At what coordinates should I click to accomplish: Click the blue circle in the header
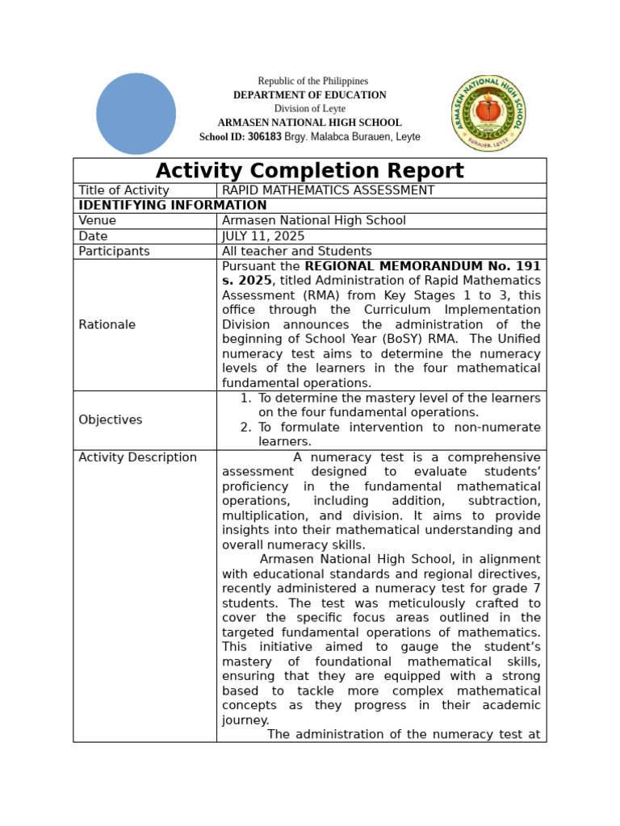click(136, 114)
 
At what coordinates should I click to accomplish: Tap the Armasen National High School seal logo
click(488, 113)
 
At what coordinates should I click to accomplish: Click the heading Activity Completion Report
click(309, 171)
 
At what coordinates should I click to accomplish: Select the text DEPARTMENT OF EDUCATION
click(309, 95)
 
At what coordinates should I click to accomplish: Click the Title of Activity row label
click(124, 190)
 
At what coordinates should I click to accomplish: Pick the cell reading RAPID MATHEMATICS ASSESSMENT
click(328, 190)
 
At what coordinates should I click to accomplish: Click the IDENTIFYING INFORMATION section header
click(173, 206)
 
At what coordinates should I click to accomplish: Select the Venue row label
click(97, 220)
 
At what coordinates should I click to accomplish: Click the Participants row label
click(114, 251)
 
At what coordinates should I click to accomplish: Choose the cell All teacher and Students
click(296, 251)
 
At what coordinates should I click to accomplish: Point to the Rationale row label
click(107, 324)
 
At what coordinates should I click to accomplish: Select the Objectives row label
click(110, 419)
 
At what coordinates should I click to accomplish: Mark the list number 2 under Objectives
click(245, 428)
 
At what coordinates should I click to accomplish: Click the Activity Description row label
click(137, 457)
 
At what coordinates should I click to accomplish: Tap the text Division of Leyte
click(309, 109)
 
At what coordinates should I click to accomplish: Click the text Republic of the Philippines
click(312, 81)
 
